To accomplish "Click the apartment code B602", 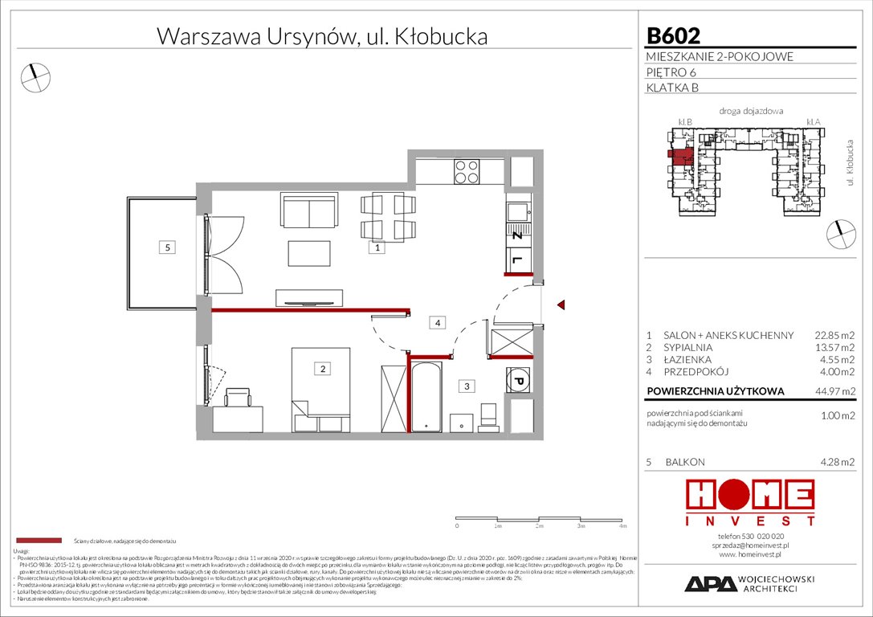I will pos(673,35).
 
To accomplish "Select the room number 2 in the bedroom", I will pos(322,370).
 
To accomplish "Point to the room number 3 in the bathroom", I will pos(467,386).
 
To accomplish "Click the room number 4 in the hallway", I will pos(437,324).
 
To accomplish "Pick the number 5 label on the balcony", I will pos(166,248).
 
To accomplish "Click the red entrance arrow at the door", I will pos(562,304).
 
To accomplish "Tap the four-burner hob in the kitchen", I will pos(467,170).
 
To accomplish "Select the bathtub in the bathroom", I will pos(425,397).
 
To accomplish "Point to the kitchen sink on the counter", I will pos(518,213).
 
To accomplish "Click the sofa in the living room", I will pos(308,210).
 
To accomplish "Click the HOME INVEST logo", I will pos(749,502).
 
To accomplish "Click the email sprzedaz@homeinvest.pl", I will pos(750,545).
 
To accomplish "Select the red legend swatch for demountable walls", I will pos(38,541).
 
